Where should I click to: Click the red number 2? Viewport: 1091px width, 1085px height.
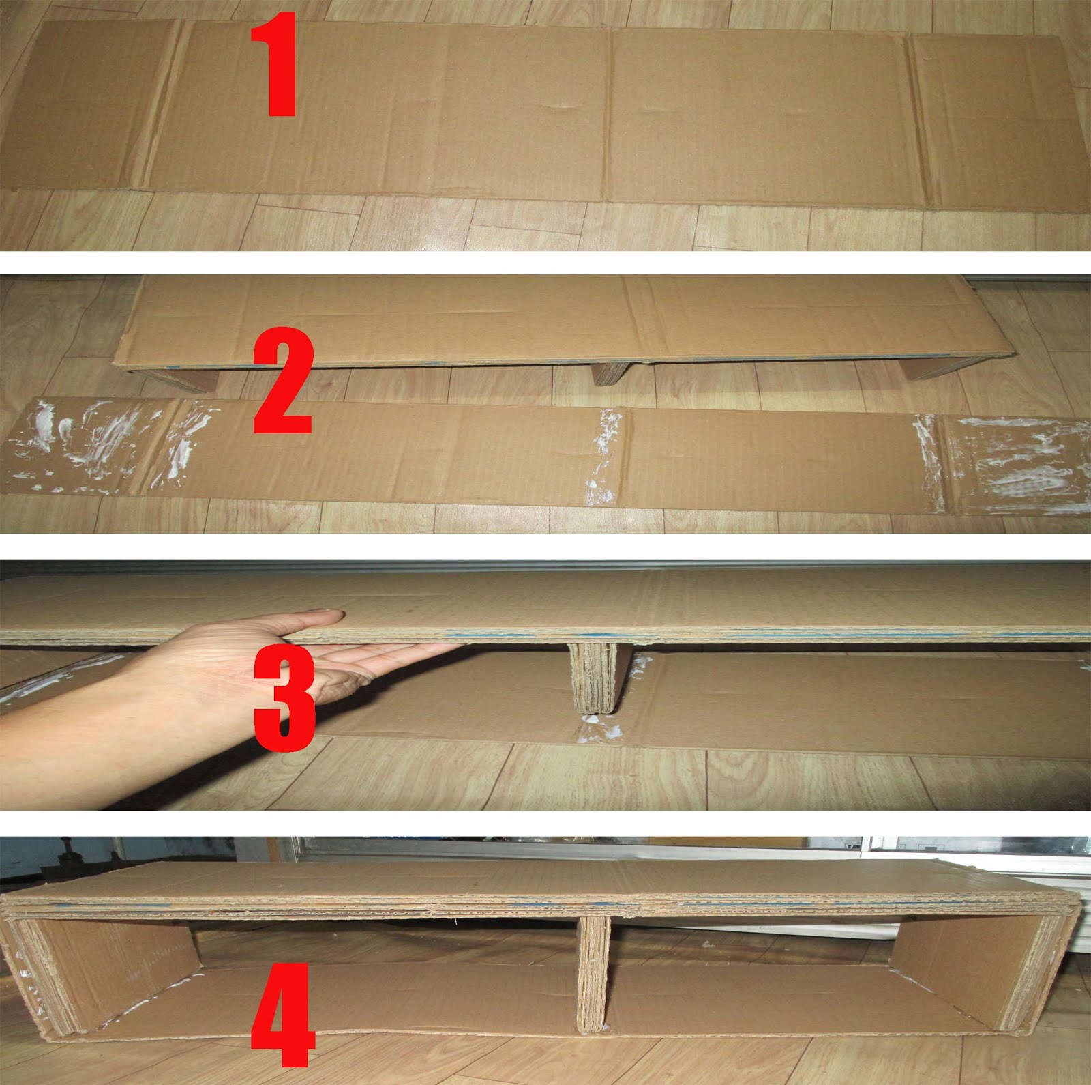283,382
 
